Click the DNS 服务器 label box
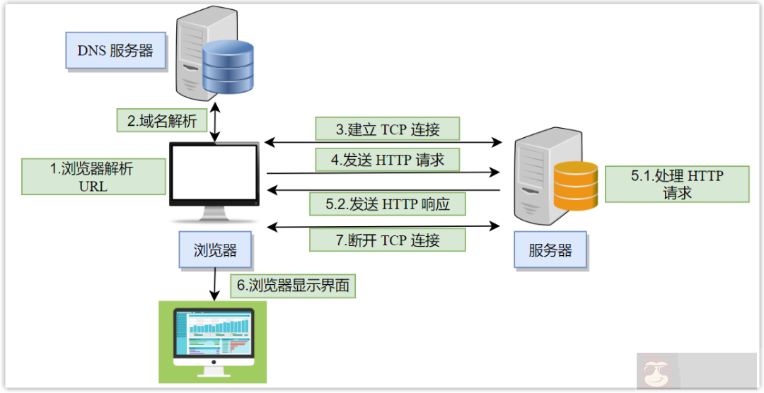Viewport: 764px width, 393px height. (x=115, y=50)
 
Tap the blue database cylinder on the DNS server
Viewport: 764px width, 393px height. (x=228, y=67)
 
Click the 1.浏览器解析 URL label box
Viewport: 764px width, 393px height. (x=93, y=177)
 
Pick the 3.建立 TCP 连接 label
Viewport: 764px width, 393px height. (x=388, y=129)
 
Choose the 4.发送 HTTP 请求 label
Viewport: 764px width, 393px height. (x=388, y=160)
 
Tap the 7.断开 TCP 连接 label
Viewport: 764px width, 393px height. (x=388, y=240)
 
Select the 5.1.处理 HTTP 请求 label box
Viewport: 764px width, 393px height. (x=676, y=184)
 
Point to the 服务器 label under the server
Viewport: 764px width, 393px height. (x=550, y=250)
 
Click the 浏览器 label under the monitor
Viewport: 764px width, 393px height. (x=215, y=250)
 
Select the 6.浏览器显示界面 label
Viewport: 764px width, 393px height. (x=293, y=286)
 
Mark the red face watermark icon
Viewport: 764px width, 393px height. (x=654, y=373)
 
